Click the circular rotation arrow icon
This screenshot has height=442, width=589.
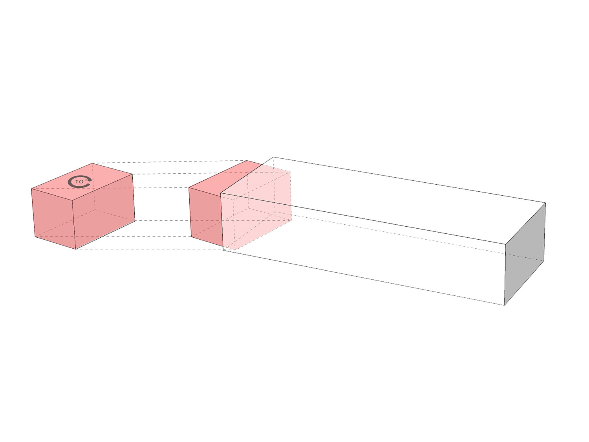pyautogui.click(x=80, y=182)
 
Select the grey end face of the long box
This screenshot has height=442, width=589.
pyautogui.click(x=525, y=254)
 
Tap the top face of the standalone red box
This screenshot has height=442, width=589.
pyautogui.click(x=82, y=181)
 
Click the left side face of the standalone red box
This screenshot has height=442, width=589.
pyautogui.click(x=53, y=218)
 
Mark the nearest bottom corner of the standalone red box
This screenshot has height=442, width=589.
pyautogui.click(x=76, y=249)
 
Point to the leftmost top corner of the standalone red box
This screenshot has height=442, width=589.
pyautogui.click(x=31, y=189)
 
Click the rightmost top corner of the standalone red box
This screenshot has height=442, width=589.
pyautogui.click(x=133, y=174)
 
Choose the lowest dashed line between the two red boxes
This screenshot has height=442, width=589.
pyautogui.click(x=150, y=249)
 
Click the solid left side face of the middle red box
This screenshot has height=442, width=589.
pyautogui.click(x=205, y=216)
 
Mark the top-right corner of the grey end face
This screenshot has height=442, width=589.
pyautogui.click(x=545, y=203)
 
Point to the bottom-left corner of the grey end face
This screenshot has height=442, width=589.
pyautogui.click(x=505, y=305)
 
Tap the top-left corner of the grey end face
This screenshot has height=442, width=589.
pyautogui.click(x=506, y=244)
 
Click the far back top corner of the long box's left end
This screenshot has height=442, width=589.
pyautogui.click(x=273, y=157)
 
